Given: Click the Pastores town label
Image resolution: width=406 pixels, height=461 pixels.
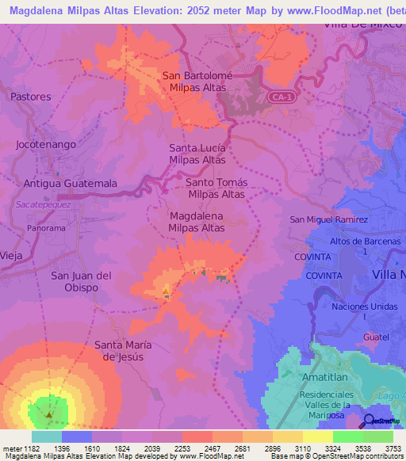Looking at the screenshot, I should click(x=31, y=97).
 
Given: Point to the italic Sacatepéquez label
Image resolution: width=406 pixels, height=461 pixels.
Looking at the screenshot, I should click(x=43, y=204).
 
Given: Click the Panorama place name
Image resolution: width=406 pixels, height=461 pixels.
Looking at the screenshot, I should click(x=45, y=227).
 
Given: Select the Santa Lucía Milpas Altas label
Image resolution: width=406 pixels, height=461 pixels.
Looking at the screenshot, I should click(x=197, y=154).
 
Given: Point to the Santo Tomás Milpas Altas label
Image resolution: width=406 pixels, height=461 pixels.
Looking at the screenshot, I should click(x=216, y=188).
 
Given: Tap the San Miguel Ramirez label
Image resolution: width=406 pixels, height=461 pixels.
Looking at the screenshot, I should click(x=329, y=219).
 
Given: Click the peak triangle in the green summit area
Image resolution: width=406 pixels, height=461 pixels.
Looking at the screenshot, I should click(x=49, y=414).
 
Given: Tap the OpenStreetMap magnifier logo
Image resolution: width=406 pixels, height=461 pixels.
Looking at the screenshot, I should click(x=370, y=421).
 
